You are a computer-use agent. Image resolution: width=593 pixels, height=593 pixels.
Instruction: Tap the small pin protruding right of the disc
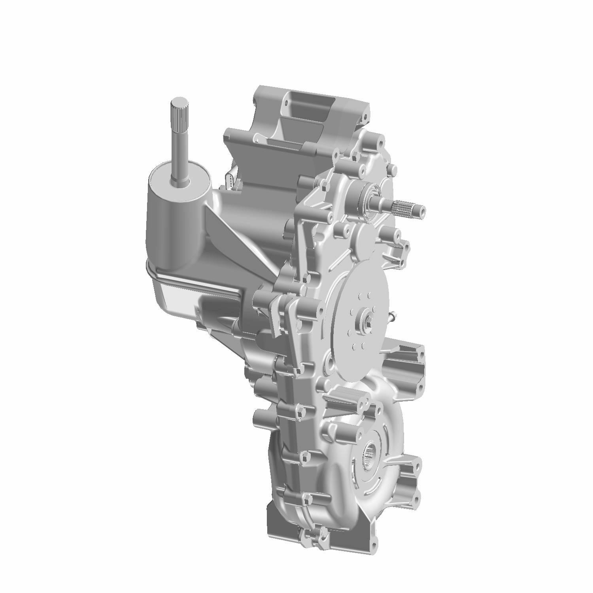click(x=393, y=315)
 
